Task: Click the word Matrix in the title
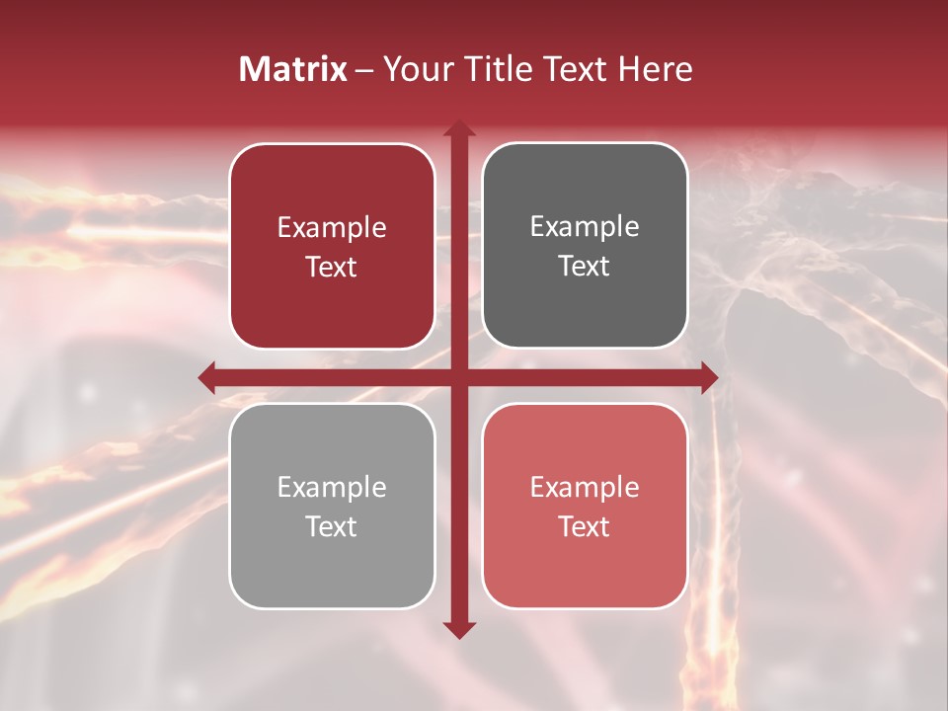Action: [x=292, y=69]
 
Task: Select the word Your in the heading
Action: [x=414, y=69]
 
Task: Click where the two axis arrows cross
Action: [x=458, y=377]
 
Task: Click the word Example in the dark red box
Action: [x=332, y=228]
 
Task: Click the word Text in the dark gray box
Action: [x=585, y=267]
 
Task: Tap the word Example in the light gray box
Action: [x=332, y=488]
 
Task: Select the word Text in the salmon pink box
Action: [x=585, y=527]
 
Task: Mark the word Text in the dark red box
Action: [x=332, y=268]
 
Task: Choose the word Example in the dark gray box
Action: [x=585, y=227]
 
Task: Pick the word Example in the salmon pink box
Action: [x=585, y=488]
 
